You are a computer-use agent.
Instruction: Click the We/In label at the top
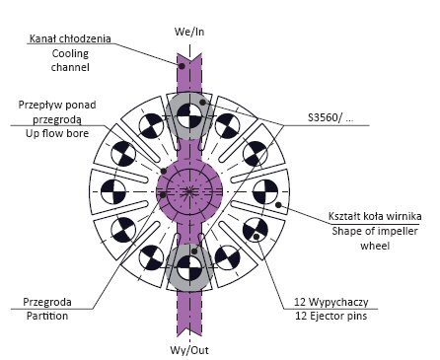189,32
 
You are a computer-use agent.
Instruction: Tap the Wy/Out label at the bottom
189,350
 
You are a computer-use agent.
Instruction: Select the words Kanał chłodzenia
70,38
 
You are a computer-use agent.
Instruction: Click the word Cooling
70,53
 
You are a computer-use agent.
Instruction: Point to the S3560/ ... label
330,117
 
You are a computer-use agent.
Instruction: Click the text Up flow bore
57,133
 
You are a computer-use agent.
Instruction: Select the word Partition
47,316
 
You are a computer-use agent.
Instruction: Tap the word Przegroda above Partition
47,302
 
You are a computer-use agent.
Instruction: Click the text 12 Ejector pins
331,316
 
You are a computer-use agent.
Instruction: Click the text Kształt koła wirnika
375,216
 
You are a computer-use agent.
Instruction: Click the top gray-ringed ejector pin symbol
189,115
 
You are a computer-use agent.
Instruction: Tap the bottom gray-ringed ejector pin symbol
189,267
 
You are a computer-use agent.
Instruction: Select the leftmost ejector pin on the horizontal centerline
113,191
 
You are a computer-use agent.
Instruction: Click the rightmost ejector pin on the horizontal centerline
265,191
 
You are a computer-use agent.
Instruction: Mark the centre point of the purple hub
189,191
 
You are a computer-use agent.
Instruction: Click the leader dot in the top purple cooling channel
182,66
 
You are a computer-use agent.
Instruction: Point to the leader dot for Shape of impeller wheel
278,205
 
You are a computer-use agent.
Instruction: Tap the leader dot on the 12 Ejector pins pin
257,236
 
